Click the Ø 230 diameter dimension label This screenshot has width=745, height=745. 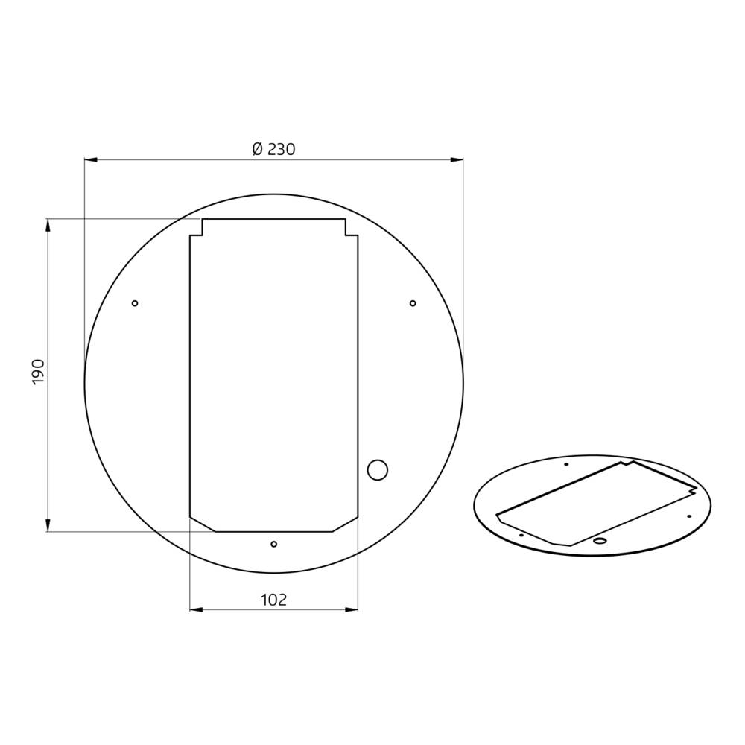pos(273,149)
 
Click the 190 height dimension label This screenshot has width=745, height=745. pos(38,372)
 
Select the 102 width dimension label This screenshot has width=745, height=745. pos(273,600)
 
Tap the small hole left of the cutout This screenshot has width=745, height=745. pos(135,303)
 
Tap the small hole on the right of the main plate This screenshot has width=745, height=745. pos(413,303)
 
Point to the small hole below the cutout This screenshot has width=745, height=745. pos(273,544)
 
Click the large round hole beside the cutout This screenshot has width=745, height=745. pos(378,470)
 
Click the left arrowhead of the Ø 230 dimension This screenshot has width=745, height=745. pos(91,159)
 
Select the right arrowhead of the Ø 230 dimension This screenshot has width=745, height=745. pos(457,159)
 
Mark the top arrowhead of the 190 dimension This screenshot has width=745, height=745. pos(48,225)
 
